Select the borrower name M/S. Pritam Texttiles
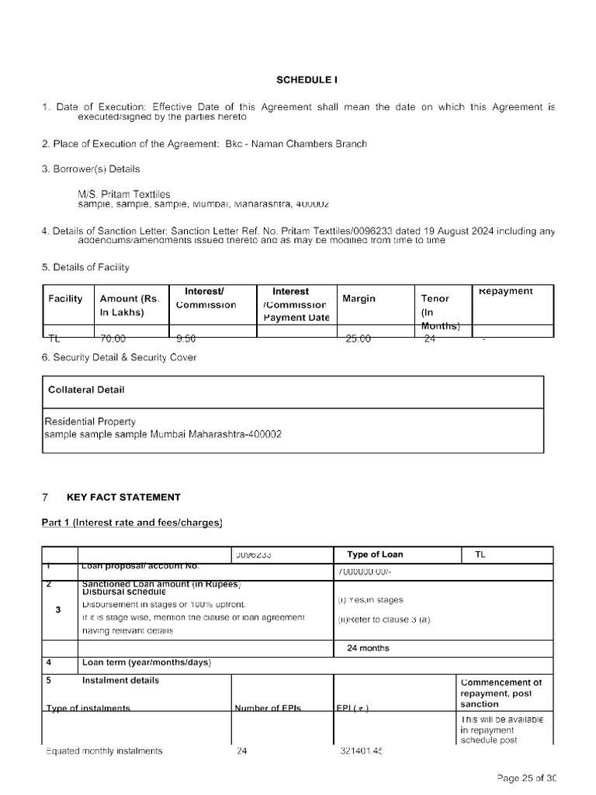pyautogui.click(x=124, y=194)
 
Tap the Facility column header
pyautogui.click(x=65, y=299)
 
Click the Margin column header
pyautogui.click(x=359, y=299)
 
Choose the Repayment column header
pyautogui.click(x=505, y=291)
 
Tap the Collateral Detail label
pyautogui.click(x=86, y=390)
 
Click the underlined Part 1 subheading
pyautogui.click(x=132, y=522)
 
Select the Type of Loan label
pyautogui.click(x=375, y=554)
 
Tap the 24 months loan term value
pyautogui.click(x=368, y=647)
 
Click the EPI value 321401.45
pyautogui.click(x=362, y=751)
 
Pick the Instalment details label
pyautogui.click(x=120, y=680)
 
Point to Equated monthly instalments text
pyautogui.click(x=105, y=751)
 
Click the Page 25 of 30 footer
pyautogui.click(x=527, y=778)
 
